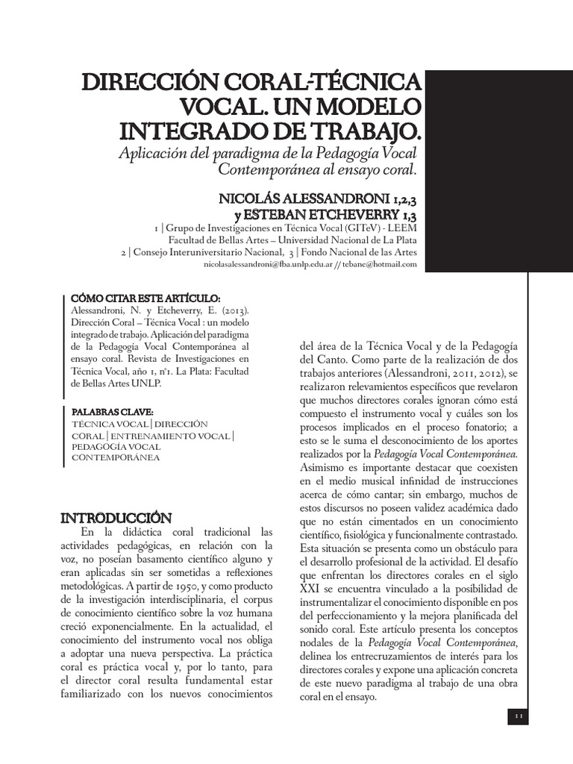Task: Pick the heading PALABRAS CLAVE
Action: click(111, 410)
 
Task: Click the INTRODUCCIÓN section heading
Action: click(116, 517)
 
